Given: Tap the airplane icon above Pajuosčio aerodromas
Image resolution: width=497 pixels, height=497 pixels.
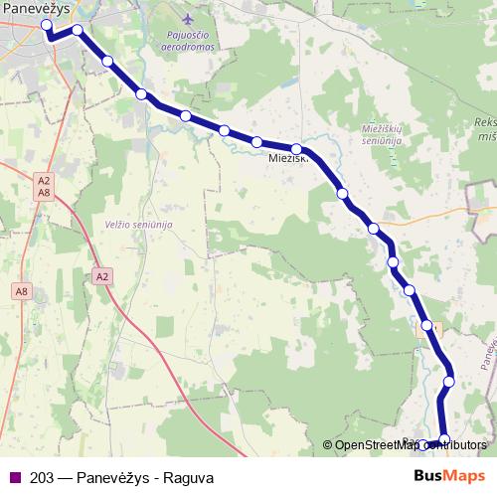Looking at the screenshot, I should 189,20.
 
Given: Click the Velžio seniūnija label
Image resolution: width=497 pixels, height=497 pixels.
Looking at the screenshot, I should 131,226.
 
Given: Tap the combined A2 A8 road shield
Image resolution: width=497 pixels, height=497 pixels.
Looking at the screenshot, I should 43,186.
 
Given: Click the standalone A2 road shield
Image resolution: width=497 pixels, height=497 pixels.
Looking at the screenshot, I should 102,275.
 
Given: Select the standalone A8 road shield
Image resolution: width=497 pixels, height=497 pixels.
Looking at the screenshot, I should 22,291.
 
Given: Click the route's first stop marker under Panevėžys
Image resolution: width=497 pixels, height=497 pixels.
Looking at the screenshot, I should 47,26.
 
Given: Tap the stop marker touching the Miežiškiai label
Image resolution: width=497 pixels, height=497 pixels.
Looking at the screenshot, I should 296,149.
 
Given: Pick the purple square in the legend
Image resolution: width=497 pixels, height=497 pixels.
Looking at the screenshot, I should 14,477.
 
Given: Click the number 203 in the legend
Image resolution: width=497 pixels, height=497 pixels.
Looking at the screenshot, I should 43,477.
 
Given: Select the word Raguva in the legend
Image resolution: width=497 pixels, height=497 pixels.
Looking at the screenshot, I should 190,477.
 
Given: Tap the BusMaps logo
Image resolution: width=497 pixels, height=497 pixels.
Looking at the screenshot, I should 449,476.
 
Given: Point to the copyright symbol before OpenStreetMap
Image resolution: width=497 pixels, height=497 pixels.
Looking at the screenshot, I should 328,445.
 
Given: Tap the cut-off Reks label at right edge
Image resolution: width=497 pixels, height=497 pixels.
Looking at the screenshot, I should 485,121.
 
